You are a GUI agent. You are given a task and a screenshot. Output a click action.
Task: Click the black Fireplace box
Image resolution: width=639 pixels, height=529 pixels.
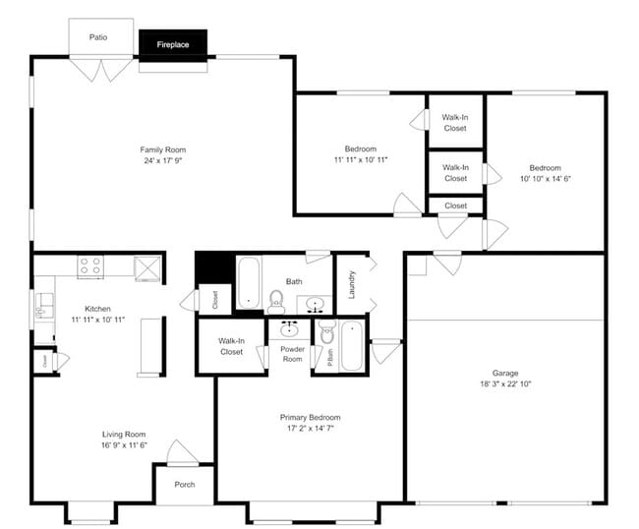[x=173, y=44]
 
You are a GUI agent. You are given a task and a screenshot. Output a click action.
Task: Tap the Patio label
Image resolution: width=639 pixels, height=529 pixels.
[x=97, y=38]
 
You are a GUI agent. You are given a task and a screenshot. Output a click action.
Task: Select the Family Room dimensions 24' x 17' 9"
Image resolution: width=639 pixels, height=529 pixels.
[x=162, y=160]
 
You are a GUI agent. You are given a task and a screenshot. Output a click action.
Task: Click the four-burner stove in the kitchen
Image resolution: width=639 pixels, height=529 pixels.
[x=90, y=265]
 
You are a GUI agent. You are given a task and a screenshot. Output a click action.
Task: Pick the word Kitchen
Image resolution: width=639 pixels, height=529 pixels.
[x=97, y=309]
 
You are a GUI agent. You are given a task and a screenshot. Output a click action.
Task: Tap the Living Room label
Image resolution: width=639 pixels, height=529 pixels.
[x=124, y=434]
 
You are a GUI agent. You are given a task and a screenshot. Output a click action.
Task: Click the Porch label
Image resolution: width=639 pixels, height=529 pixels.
[x=184, y=485]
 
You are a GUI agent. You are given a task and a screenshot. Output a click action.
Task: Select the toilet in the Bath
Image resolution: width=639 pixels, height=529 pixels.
[x=276, y=301]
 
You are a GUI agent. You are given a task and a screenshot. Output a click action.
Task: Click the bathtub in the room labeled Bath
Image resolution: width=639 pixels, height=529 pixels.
[x=248, y=283]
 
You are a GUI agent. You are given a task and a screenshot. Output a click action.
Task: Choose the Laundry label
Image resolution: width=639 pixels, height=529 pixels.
[x=351, y=284]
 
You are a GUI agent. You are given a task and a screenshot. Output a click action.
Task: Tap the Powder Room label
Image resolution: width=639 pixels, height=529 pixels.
[x=292, y=354]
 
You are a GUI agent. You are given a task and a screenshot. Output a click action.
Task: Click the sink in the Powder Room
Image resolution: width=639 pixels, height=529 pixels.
[x=290, y=328]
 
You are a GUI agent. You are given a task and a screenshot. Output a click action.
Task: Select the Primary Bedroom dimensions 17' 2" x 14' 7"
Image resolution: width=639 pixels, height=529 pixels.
[x=310, y=429]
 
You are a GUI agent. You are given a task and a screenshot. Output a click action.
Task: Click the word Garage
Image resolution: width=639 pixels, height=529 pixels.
[x=505, y=374]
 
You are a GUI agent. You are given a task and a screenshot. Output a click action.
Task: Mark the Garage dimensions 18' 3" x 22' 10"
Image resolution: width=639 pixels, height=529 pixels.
[x=505, y=384]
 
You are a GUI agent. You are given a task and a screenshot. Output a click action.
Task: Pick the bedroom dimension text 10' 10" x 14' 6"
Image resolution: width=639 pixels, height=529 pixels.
[x=546, y=179]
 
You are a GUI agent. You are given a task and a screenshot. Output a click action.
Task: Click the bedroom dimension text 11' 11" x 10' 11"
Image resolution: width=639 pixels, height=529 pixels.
[x=361, y=159]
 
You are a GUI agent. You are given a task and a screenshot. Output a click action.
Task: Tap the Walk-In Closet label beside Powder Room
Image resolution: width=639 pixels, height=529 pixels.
[x=231, y=346]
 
